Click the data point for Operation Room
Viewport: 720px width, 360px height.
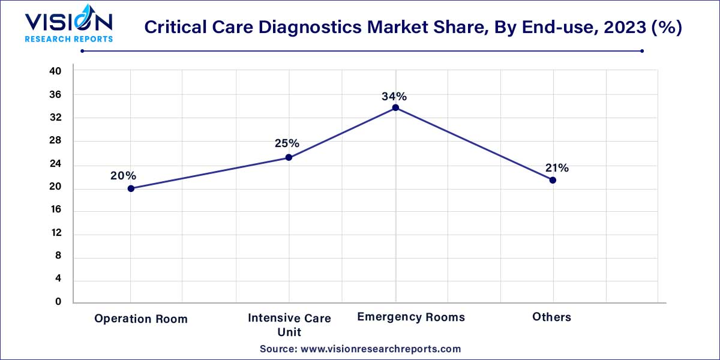[131, 188]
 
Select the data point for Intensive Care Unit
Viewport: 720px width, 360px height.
[289, 157]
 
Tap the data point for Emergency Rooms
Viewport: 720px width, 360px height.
[395, 107]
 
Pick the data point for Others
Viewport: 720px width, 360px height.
[553, 180]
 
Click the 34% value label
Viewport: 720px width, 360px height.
[394, 96]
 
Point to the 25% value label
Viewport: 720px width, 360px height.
[287, 143]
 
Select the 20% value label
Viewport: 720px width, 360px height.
[123, 176]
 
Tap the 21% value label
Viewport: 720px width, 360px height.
[557, 168]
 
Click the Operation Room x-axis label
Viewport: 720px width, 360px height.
[141, 319]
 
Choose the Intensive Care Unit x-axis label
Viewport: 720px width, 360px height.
[289, 325]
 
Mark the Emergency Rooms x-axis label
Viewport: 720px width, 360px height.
[411, 317]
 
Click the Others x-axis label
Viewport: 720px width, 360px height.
[551, 317]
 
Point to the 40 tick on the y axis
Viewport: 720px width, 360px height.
[55, 71]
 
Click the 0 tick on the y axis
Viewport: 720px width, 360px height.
[58, 302]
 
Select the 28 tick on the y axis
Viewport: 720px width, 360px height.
[55, 140]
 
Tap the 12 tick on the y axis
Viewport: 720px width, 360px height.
[56, 233]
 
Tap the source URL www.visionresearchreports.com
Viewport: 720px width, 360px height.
[380, 349]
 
